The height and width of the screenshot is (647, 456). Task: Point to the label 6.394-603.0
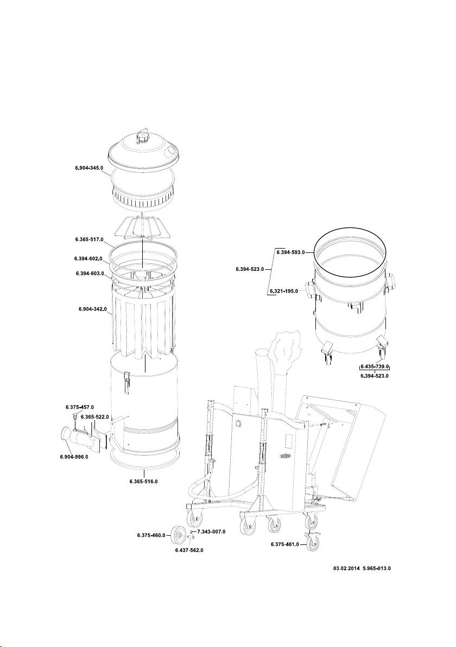tap(91, 273)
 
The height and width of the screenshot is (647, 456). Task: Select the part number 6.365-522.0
tap(95, 417)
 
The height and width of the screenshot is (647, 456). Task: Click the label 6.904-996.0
tap(74, 457)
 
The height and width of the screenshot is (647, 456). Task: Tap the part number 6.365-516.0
tap(144, 481)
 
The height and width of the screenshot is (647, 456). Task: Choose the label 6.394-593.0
tap(290, 252)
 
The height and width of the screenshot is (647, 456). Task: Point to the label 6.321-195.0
tap(284, 291)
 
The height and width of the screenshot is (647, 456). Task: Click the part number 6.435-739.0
tap(375, 367)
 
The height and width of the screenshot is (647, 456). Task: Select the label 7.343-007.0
tap(211, 531)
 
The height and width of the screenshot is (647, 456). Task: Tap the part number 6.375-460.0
tap(151, 536)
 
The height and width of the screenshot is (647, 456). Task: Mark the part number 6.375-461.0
tap(285, 544)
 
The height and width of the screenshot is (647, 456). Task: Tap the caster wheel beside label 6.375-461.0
tap(313, 543)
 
